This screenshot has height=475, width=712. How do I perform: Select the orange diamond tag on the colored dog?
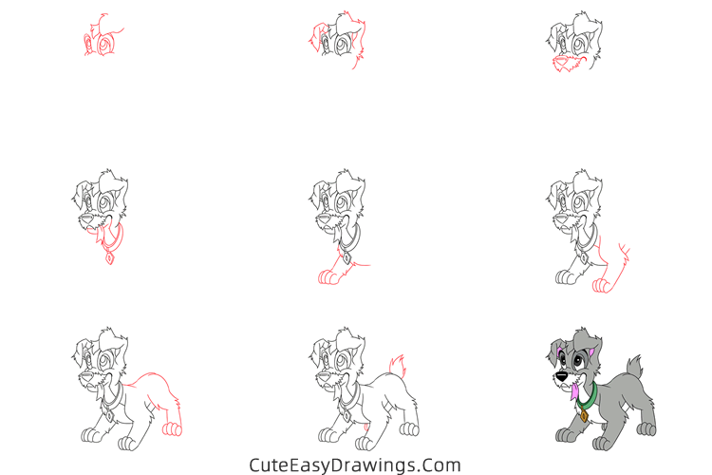(x=583, y=414)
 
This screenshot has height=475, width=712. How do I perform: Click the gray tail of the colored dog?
(x=634, y=366)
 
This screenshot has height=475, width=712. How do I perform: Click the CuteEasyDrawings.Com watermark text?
(x=355, y=465)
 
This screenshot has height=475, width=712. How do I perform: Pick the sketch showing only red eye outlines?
(x=101, y=38)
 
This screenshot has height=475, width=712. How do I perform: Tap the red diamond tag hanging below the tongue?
(x=110, y=256)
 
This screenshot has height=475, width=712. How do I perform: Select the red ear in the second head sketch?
(x=315, y=39)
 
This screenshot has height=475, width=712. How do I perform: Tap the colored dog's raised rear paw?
(x=646, y=428)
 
